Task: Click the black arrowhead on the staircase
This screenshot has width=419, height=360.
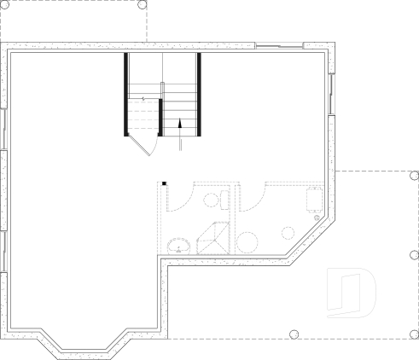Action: click(x=180, y=123)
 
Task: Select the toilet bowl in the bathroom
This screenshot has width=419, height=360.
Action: click(x=211, y=200)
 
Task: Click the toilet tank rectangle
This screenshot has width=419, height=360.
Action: click(x=224, y=200)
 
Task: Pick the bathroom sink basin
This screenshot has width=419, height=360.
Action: click(x=178, y=247)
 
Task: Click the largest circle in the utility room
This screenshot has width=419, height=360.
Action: click(x=248, y=241)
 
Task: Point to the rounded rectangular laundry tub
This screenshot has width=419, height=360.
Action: click(x=313, y=200)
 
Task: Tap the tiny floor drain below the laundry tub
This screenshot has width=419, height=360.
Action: click(x=317, y=218)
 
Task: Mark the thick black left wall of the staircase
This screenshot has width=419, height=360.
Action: click(x=126, y=94)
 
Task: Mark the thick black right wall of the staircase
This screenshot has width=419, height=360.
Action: click(x=199, y=94)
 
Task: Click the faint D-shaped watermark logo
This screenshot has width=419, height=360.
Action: click(x=352, y=292)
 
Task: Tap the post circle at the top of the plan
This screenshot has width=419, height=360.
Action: click(x=142, y=5)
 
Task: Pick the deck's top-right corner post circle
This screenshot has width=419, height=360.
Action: click(x=414, y=177)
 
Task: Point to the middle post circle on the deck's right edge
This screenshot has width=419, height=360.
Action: click(x=415, y=254)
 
